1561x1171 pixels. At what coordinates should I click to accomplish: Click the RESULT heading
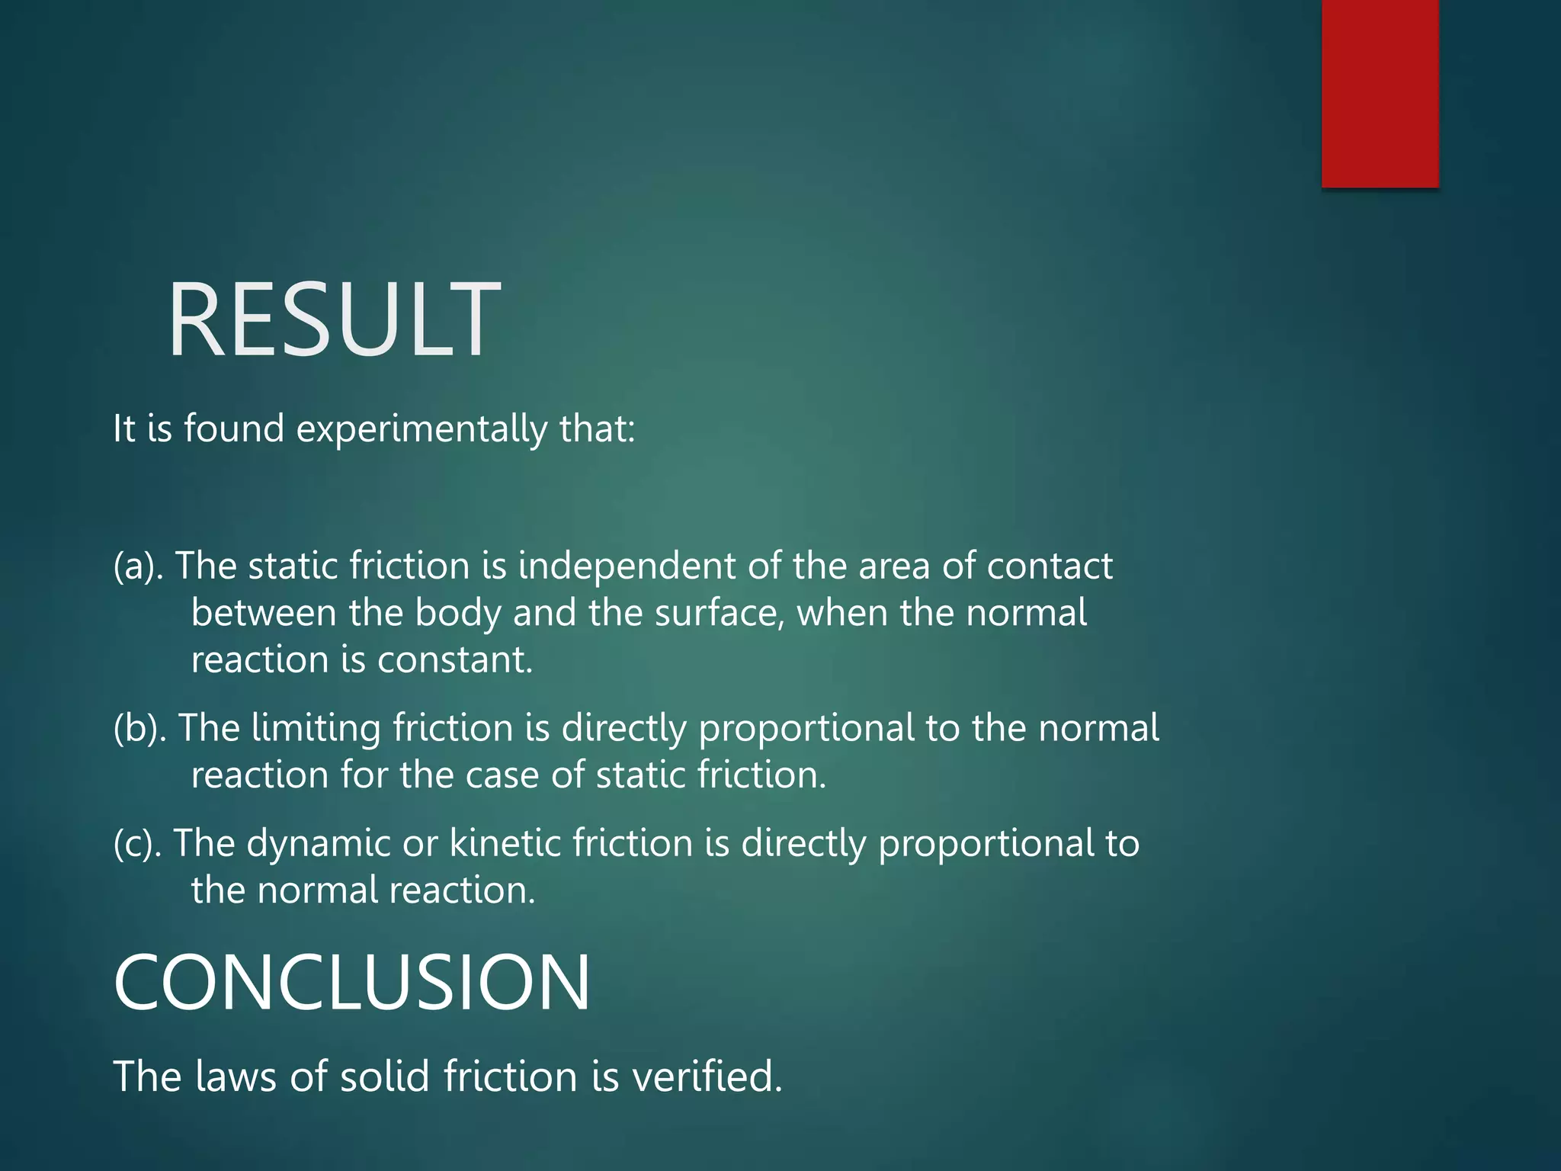pos(334,320)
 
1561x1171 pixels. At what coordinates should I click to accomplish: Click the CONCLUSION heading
pos(351,983)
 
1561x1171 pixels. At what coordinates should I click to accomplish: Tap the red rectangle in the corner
pos(1380,93)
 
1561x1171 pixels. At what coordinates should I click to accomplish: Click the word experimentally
pos(422,429)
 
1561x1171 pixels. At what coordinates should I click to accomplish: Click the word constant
pos(454,660)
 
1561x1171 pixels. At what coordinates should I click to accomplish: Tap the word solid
pos(385,1077)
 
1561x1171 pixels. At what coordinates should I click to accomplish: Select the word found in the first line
pos(234,428)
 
